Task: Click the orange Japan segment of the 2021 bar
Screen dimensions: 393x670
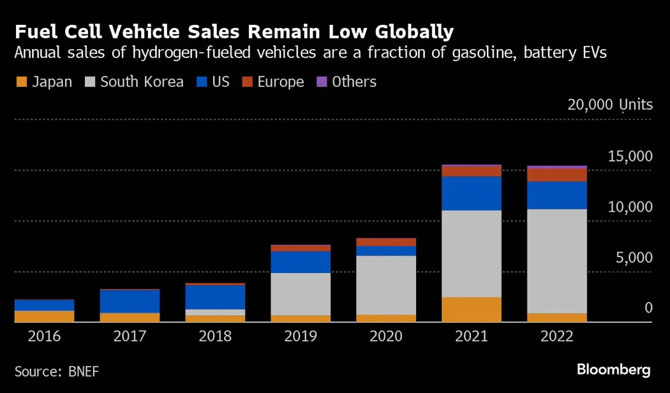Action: point(472,309)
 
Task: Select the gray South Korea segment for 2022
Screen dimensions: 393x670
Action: point(557,261)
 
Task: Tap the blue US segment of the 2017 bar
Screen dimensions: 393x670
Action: point(130,301)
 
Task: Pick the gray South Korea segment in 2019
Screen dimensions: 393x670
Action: point(301,294)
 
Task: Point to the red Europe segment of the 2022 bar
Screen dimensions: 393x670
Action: point(557,175)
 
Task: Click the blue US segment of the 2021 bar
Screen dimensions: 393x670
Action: point(472,193)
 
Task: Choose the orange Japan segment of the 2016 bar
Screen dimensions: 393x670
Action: point(44,316)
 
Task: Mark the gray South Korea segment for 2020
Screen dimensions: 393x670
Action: point(386,285)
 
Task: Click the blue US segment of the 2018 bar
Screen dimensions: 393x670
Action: point(215,297)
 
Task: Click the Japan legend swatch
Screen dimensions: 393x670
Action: point(20,82)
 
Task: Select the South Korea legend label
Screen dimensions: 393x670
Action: point(142,82)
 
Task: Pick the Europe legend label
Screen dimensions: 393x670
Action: point(281,82)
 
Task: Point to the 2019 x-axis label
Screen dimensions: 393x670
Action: point(301,336)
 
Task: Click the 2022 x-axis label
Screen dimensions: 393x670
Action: point(557,336)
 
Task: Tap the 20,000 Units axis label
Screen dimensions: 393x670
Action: point(610,105)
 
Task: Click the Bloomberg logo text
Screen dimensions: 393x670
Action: point(613,369)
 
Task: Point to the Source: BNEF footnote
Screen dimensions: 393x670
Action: point(57,370)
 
